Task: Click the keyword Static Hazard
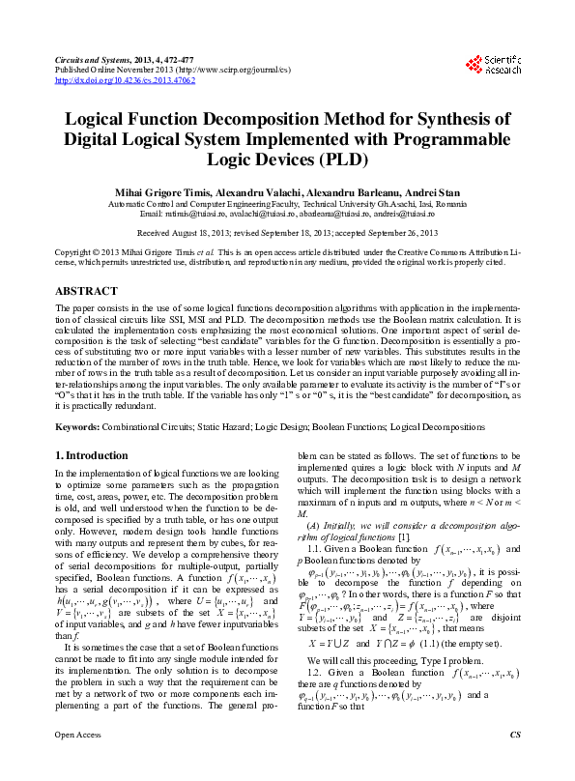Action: pyautogui.click(x=224, y=425)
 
